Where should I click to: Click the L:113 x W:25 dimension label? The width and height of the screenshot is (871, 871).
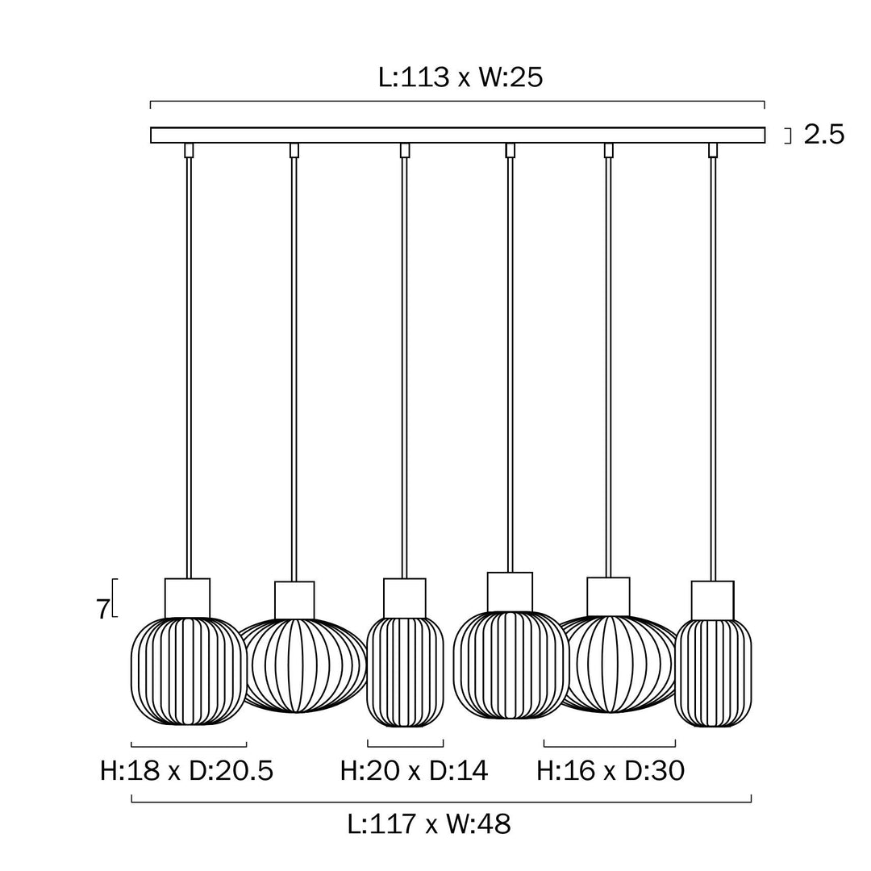461,77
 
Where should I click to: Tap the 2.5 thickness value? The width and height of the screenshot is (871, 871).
823,135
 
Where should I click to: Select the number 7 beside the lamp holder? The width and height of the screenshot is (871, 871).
102,610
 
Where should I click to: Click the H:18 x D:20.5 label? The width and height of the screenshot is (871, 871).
187,771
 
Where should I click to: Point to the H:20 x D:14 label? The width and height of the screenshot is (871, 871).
414,771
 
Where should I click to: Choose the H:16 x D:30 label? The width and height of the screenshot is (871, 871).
611,771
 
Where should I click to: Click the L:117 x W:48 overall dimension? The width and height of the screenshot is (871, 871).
429,824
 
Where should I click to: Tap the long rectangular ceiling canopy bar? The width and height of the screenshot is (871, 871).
457,135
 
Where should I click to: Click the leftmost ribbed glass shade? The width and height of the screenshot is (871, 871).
189,671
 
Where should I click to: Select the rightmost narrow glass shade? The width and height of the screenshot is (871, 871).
713,673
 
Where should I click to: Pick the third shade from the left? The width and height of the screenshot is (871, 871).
405,671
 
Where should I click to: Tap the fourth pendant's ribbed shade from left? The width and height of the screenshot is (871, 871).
511,665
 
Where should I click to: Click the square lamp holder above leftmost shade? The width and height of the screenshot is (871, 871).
187,598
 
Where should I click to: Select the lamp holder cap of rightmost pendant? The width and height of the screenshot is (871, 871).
713,600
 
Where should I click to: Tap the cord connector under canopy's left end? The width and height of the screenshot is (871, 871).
190,150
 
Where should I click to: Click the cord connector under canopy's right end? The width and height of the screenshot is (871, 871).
713,150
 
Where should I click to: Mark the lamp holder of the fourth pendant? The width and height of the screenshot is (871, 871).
510,592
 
